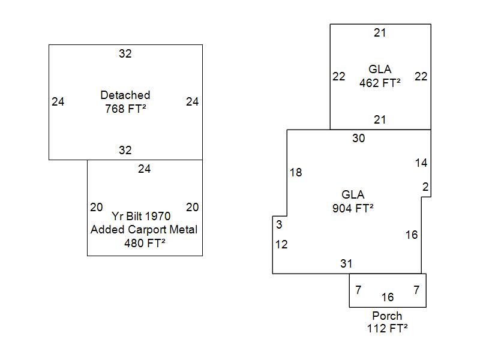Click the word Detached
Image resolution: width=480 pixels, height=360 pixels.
[125, 95]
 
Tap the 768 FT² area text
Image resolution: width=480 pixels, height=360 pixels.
[125, 109]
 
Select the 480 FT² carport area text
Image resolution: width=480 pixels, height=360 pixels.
[144, 243]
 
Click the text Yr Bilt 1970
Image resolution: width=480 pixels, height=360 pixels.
[141, 216]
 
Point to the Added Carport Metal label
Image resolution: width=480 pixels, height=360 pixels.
[144, 230]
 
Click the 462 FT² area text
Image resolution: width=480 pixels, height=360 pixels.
[380, 83]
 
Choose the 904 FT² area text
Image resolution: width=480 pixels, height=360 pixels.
[353, 208]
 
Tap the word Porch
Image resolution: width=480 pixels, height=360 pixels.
[387, 316]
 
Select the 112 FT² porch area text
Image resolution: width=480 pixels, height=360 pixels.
[387, 328]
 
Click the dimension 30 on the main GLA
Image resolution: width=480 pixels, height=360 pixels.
[358, 139]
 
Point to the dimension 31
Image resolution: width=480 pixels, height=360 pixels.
[346, 263]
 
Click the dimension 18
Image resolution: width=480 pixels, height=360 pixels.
[296, 173]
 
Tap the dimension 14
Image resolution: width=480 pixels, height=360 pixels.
[421, 163]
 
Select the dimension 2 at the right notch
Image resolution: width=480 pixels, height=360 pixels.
[425, 187]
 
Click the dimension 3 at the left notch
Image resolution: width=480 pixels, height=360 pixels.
[279, 225]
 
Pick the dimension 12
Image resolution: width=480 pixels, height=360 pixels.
[281, 244]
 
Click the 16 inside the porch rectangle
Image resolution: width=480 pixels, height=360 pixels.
[388, 297]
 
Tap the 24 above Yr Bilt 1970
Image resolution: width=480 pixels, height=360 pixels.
[144, 169]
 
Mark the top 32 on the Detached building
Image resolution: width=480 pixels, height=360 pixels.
[125, 53]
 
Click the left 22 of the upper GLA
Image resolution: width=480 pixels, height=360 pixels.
[339, 77]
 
